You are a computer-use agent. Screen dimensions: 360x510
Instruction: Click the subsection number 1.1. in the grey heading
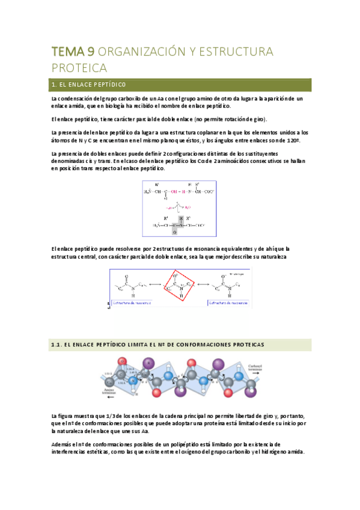click(57, 345)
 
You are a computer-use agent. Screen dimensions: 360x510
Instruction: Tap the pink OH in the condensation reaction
click(174, 191)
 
